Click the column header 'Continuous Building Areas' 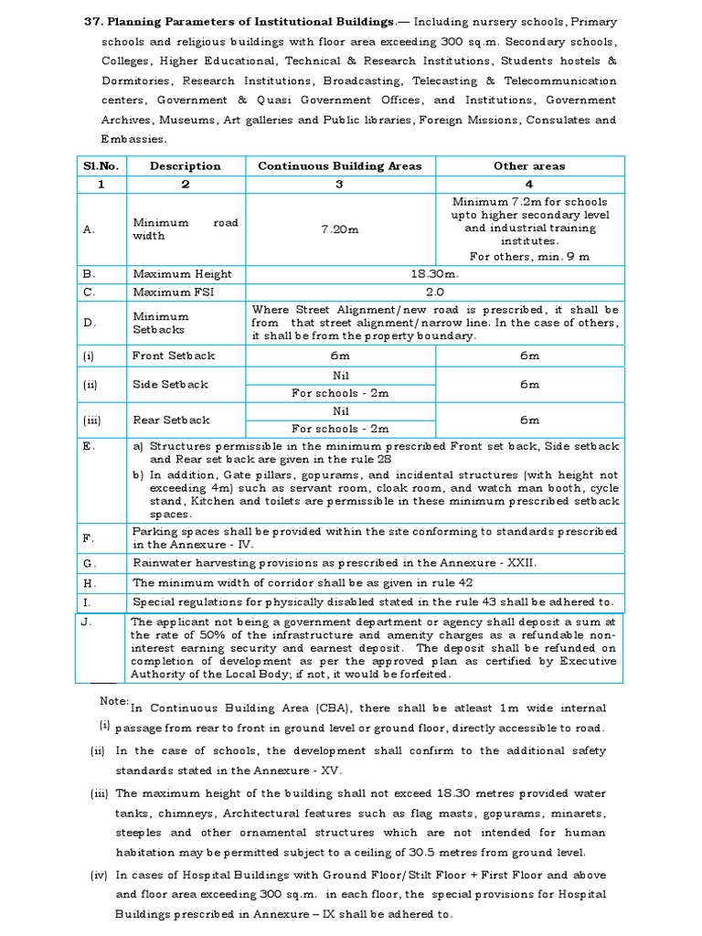tap(339, 165)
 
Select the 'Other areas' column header tap(529, 165)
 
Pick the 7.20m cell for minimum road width tap(339, 229)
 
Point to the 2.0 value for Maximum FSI tap(435, 292)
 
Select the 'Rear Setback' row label tap(171, 420)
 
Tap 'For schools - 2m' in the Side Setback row tap(340, 393)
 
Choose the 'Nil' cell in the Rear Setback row tap(340, 411)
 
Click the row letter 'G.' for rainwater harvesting tap(89, 563)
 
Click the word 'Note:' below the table tap(114, 701)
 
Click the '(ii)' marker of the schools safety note tap(98, 750)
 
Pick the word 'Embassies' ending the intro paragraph tap(133, 139)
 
